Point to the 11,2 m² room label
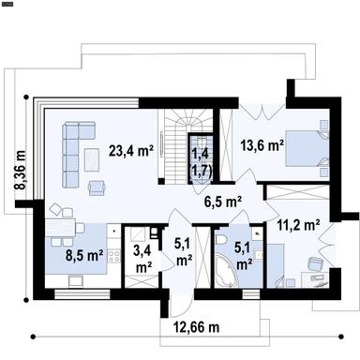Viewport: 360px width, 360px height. click(299, 224)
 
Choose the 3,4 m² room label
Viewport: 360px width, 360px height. click(143, 258)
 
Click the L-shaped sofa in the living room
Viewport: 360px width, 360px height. click(71, 155)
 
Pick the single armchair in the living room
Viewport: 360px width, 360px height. click(97, 187)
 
